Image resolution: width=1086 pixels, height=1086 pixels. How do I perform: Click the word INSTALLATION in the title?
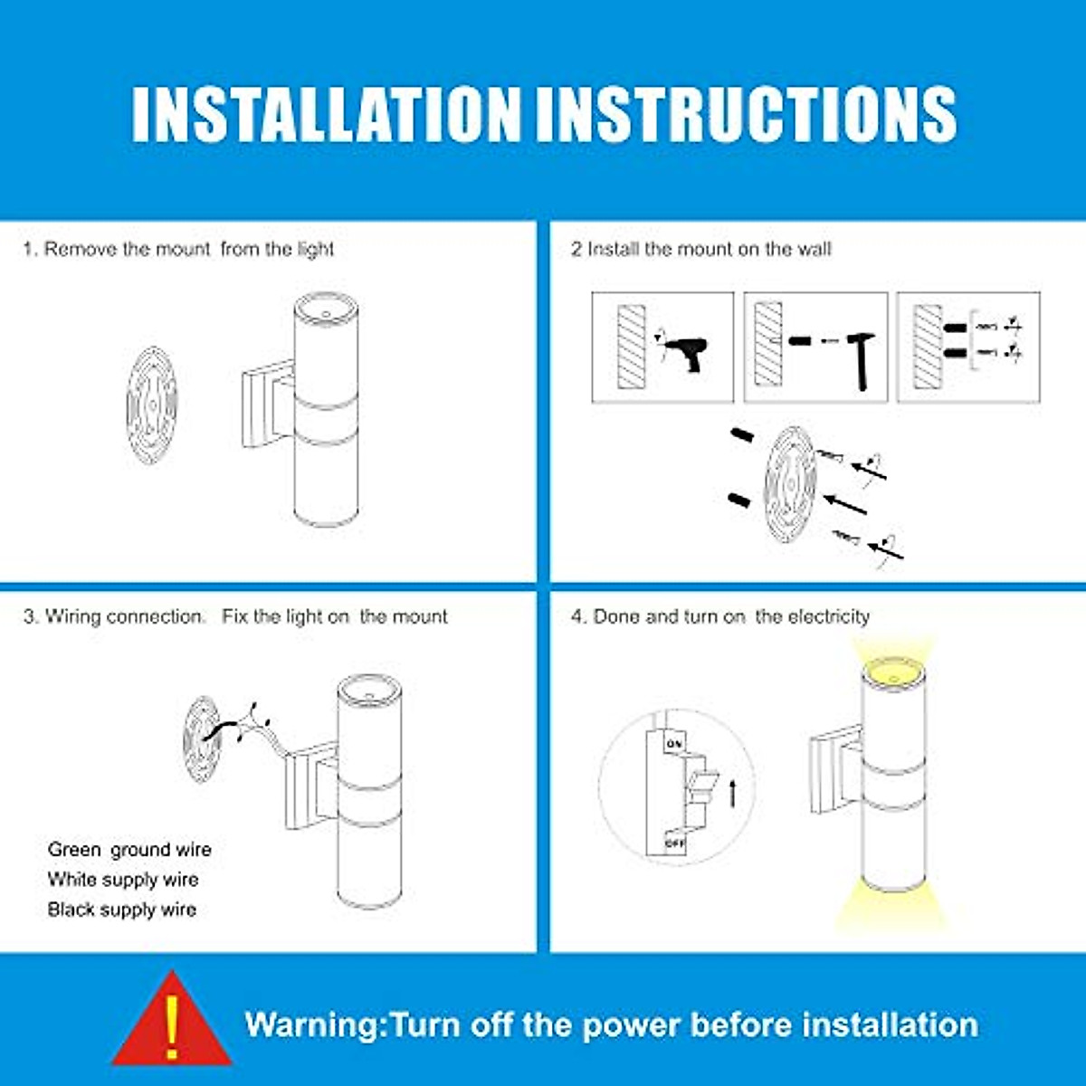pyautogui.click(x=325, y=114)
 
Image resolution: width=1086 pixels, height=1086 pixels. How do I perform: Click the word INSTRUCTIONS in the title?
pyautogui.click(x=746, y=114)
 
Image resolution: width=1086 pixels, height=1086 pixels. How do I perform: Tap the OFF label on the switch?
pyautogui.click(x=674, y=843)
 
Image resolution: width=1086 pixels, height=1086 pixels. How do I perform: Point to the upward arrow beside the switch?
pyautogui.click(x=733, y=794)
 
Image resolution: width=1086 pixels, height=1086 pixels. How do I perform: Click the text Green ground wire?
pyautogui.click(x=129, y=850)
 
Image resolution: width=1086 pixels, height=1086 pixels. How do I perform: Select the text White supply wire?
pyautogui.click(x=123, y=880)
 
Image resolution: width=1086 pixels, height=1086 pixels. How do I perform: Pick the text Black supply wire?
pyautogui.click(x=122, y=910)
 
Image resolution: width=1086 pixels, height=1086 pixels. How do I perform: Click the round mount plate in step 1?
pyautogui.click(x=152, y=405)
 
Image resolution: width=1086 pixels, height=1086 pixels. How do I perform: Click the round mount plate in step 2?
pyautogui.click(x=790, y=485)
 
